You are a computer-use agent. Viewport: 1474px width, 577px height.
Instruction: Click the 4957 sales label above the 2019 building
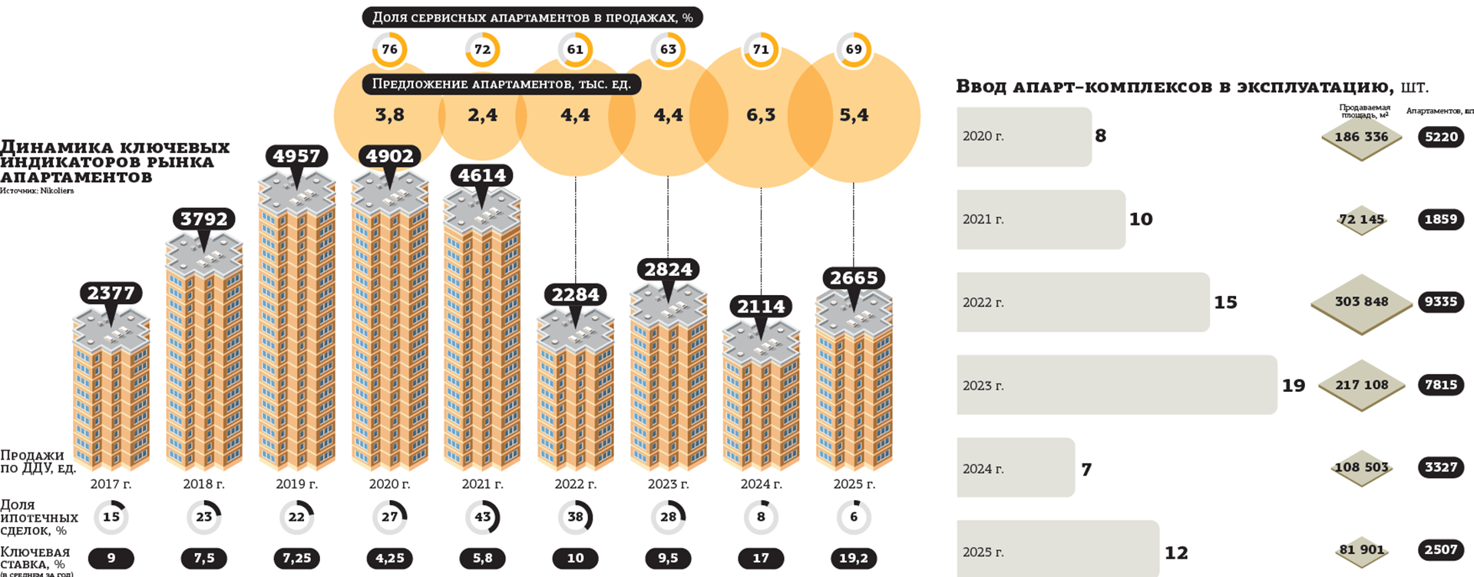coord(296,156)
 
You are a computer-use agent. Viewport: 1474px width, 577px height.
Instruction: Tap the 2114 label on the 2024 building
coord(761,307)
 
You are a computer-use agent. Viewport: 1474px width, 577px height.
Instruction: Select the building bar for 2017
coord(111,392)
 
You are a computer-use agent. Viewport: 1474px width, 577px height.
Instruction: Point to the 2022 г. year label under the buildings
coord(575,484)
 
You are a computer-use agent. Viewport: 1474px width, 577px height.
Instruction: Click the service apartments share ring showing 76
coord(389,49)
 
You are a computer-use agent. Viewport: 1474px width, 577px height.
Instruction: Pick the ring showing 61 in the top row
coord(575,49)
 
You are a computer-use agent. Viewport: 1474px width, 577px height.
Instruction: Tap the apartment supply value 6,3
coord(761,115)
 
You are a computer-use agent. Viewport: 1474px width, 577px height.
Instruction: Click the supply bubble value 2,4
coord(482,115)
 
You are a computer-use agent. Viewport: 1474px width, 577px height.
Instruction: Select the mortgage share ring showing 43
coord(482,517)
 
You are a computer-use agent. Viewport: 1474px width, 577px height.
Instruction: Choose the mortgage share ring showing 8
coord(761,517)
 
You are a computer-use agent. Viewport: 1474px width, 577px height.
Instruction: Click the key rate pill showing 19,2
coord(854,559)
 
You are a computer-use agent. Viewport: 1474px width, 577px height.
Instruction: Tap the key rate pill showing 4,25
coord(389,559)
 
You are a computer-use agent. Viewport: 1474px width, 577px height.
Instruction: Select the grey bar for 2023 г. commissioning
coord(1116,385)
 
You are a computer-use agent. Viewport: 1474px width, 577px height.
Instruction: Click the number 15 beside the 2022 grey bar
coord(1225,303)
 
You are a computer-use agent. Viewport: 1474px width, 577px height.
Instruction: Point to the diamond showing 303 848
coord(1361,302)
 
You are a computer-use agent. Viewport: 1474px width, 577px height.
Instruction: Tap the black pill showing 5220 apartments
coord(1440,137)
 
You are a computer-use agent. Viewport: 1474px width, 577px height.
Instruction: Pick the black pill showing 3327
coord(1440,467)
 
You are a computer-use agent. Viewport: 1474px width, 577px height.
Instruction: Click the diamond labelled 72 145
coord(1361,220)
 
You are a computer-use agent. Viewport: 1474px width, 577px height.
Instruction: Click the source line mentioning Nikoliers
coord(37,191)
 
